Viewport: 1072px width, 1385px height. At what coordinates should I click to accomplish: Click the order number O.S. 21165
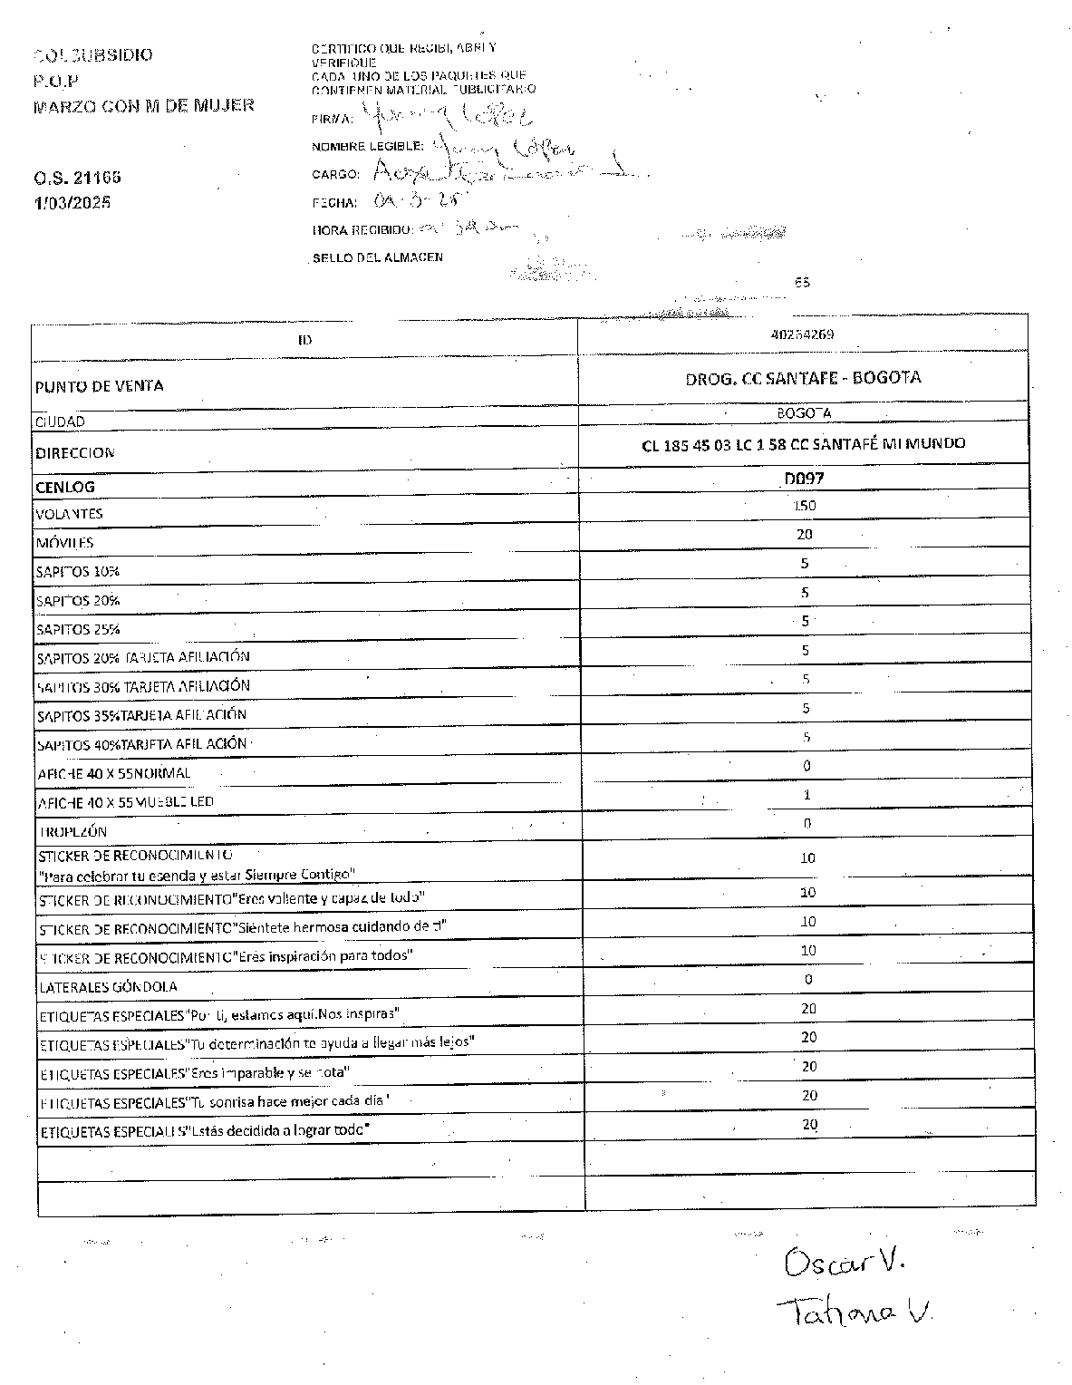tap(77, 178)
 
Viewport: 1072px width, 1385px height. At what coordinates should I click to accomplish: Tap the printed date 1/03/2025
tap(72, 202)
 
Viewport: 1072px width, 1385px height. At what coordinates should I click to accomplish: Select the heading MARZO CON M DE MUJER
tap(143, 105)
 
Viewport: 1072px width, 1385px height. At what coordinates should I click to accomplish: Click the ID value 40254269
tap(802, 334)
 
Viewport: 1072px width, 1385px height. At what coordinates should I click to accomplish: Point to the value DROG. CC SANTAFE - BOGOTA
tap(803, 378)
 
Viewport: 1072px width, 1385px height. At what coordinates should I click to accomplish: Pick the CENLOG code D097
tap(804, 479)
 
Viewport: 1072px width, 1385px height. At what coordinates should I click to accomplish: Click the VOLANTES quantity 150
tap(804, 506)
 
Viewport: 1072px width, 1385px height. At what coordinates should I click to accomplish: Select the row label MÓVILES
tap(64, 543)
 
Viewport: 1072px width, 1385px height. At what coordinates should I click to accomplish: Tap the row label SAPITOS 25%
tap(78, 629)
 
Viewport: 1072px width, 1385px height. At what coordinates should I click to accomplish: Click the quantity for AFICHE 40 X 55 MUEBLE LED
tap(806, 795)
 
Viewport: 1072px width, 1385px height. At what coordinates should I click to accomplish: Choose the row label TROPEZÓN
tap(72, 831)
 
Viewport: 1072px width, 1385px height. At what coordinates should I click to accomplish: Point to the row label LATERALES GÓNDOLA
tap(107, 986)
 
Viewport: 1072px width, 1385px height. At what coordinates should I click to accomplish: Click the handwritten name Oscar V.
tap(845, 1262)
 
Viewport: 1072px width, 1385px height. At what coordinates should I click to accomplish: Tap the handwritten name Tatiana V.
tap(854, 1311)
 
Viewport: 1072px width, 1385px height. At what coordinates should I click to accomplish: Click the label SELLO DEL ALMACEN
tap(377, 257)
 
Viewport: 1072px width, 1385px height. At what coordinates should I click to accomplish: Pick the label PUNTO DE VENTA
tap(100, 386)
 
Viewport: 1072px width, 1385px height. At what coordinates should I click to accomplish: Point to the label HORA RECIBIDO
tap(362, 230)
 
